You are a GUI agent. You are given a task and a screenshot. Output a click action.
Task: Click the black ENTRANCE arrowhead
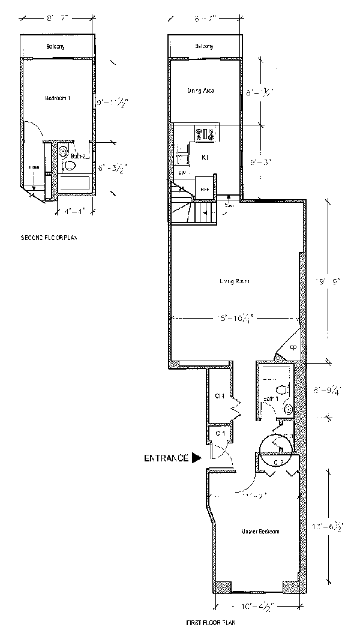click(x=196, y=459)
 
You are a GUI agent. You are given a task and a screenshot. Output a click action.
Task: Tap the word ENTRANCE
click(x=166, y=459)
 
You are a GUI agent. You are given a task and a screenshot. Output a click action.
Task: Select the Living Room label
click(x=235, y=281)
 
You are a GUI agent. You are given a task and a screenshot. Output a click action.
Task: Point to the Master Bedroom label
click(x=260, y=532)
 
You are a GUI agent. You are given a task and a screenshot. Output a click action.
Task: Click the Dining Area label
click(x=200, y=91)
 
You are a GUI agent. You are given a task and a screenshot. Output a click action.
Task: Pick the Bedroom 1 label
click(x=57, y=97)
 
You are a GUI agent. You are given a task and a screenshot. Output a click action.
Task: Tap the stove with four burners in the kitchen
click(x=205, y=134)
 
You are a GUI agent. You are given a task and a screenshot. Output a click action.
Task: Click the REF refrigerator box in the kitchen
click(x=205, y=187)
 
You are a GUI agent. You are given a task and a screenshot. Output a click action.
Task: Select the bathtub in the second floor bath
click(x=74, y=184)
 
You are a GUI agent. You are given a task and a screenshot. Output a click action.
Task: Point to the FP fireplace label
click(x=293, y=348)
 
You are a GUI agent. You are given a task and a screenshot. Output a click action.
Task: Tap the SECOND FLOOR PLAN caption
click(x=49, y=238)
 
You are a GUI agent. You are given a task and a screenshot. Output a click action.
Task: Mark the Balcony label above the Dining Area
click(x=204, y=47)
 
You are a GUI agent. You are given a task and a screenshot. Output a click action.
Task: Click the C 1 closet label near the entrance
click(x=220, y=433)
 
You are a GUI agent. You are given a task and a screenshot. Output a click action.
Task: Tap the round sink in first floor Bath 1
click(x=289, y=409)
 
